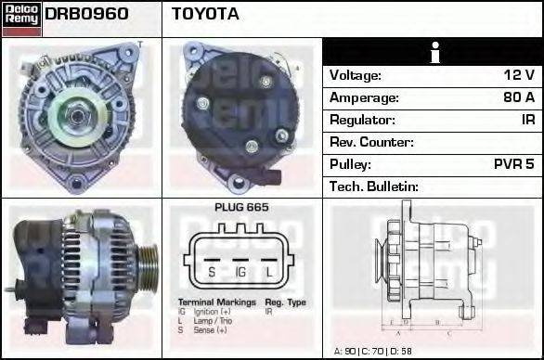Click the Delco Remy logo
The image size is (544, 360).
point(21,19)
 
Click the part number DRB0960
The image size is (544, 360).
point(86,14)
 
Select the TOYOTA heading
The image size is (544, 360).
point(205,14)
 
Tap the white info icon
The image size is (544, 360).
point(433,52)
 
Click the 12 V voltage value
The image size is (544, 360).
point(517,75)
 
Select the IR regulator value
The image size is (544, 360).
point(527,120)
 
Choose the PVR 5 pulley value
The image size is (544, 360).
point(512,164)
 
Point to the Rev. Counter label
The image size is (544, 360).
point(371,142)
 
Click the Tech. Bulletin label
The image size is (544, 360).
point(374,186)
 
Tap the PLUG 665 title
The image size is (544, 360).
point(240,208)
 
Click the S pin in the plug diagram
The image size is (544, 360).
point(211,272)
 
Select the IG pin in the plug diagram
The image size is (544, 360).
point(240,272)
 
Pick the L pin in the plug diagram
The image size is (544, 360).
point(269,272)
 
